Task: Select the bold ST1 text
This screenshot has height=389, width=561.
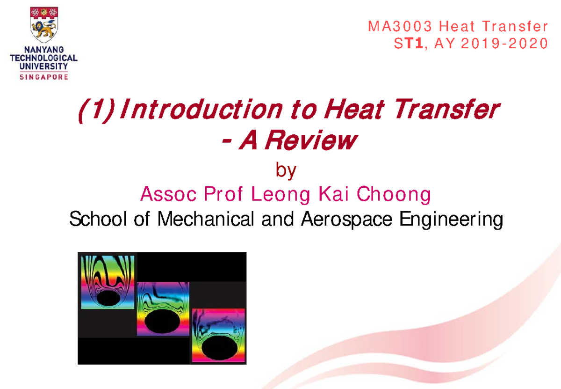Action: [x=411, y=44]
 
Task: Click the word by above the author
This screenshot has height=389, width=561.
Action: [x=286, y=171]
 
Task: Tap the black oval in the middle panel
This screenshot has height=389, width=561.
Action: [x=164, y=323]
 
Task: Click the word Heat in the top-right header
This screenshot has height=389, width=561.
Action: [x=456, y=26]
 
